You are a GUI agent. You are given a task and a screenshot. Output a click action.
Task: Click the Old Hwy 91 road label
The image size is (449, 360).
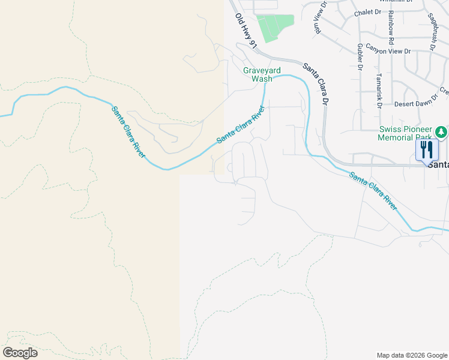[x=246, y=31]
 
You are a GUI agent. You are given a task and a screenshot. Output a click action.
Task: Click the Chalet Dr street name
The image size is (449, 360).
[x=367, y=12]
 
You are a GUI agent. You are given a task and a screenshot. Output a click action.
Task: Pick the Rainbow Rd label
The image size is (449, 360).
[x=391, y=26]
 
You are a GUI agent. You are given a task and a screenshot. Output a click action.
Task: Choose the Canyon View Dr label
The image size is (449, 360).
[x=388, y=51]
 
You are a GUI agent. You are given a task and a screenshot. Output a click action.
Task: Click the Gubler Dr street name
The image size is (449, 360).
[x=360, y=57]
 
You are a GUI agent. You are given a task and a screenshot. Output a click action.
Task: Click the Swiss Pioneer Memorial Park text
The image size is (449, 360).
[x=406, y=134]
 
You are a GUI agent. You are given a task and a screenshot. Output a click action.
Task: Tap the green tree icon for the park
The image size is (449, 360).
[x=441, y=131]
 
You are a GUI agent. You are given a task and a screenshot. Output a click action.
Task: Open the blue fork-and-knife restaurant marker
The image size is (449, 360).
[x=427, y=149]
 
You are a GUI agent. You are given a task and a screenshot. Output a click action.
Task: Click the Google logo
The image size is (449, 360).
[x=20, y=353]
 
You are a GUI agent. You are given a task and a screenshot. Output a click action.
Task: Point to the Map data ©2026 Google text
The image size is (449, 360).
[x=412, y=355]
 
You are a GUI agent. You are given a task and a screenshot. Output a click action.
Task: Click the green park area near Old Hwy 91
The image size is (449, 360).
[x=275, y=28]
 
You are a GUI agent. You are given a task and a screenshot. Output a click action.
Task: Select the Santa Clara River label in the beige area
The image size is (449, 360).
[x=128, y=132]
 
